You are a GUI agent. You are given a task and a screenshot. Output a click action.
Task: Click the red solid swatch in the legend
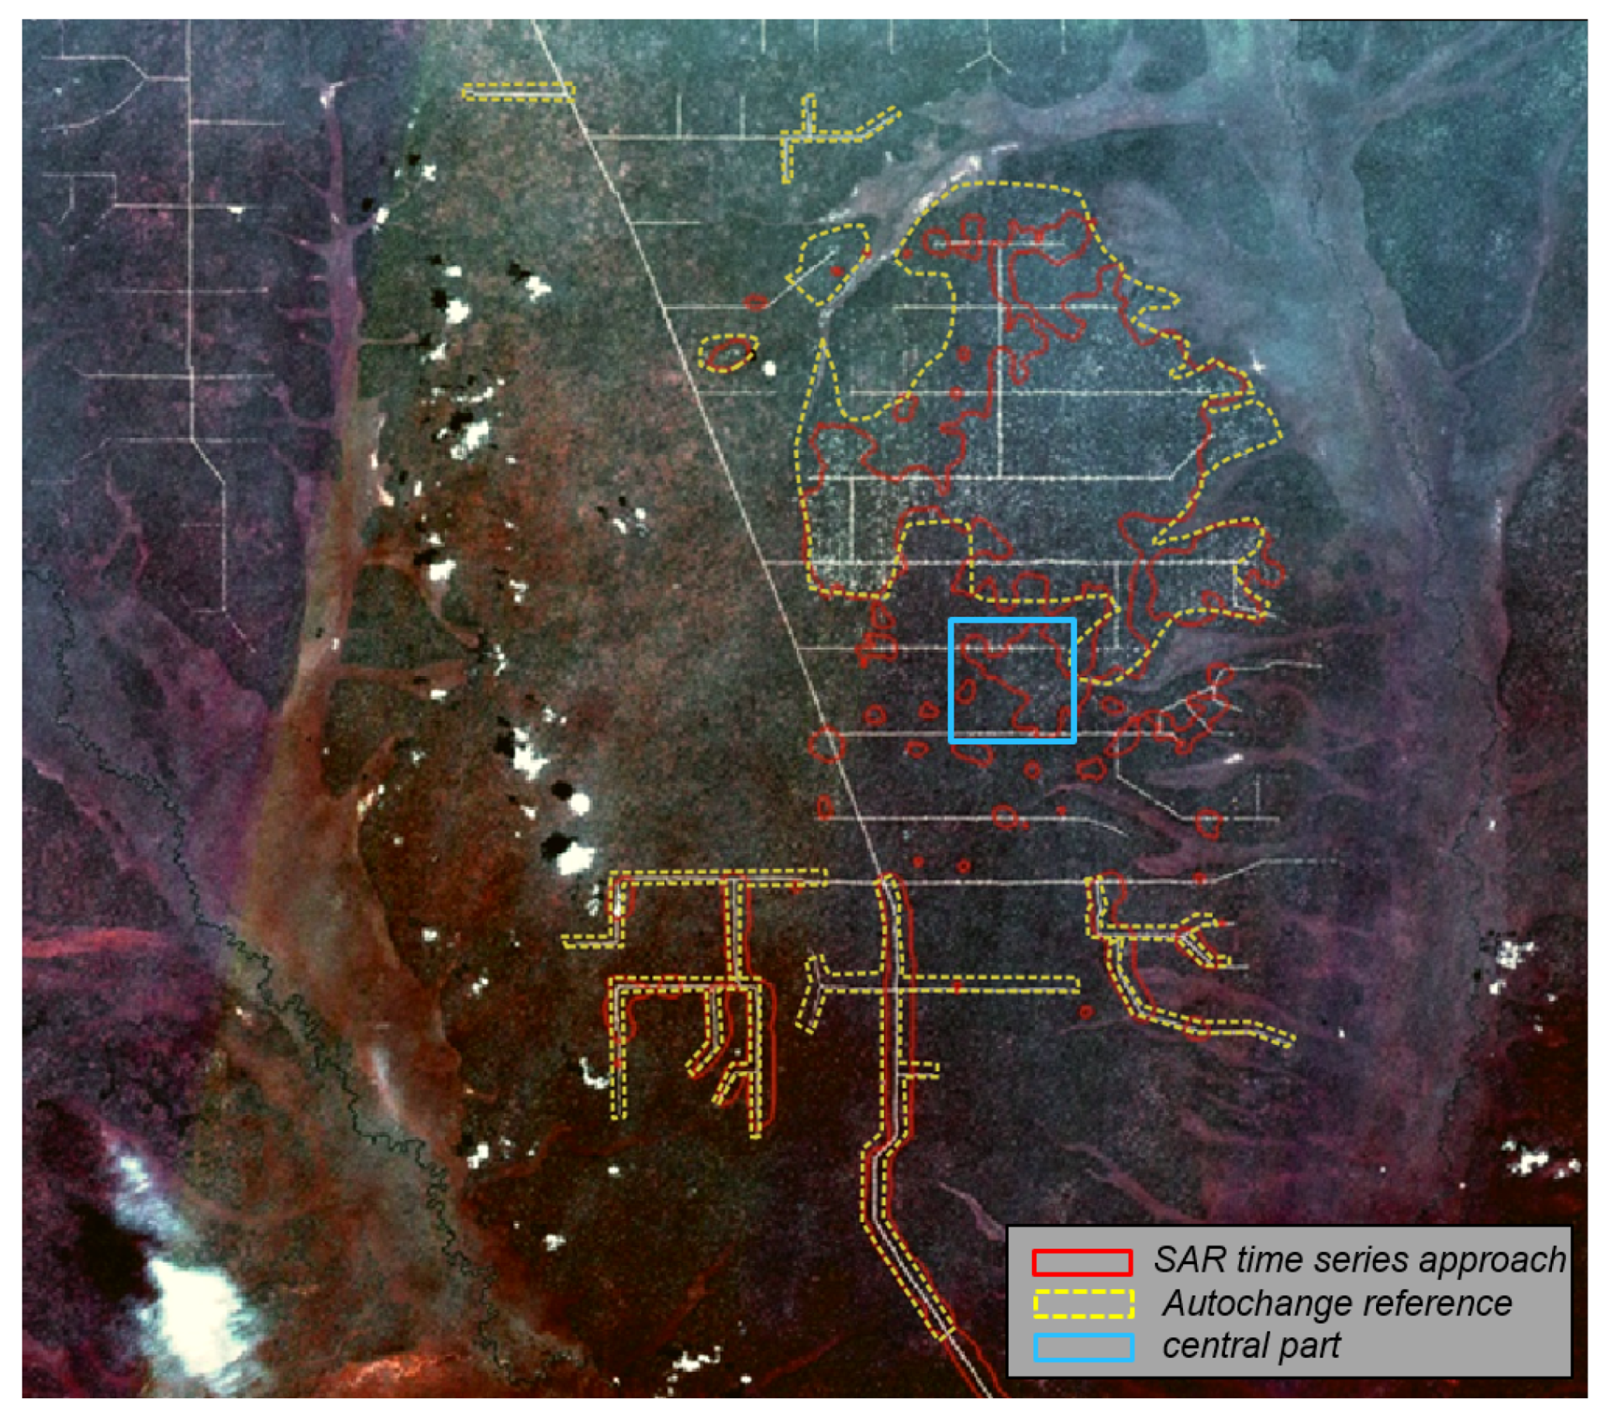[x=1082, y=1263]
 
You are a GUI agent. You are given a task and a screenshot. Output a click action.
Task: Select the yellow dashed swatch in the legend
[x=1084, y=1304]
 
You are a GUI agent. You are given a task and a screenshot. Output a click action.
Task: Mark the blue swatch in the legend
[x=1084, y=1346]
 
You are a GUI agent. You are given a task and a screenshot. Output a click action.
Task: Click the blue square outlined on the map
[x=1012, y=681]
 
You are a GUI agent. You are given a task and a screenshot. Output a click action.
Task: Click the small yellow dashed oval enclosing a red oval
[x=729, y=352]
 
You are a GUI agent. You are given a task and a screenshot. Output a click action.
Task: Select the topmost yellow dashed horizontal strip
[x=518, y=92]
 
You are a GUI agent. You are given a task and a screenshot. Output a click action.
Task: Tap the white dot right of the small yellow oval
[x=769, y=368]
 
